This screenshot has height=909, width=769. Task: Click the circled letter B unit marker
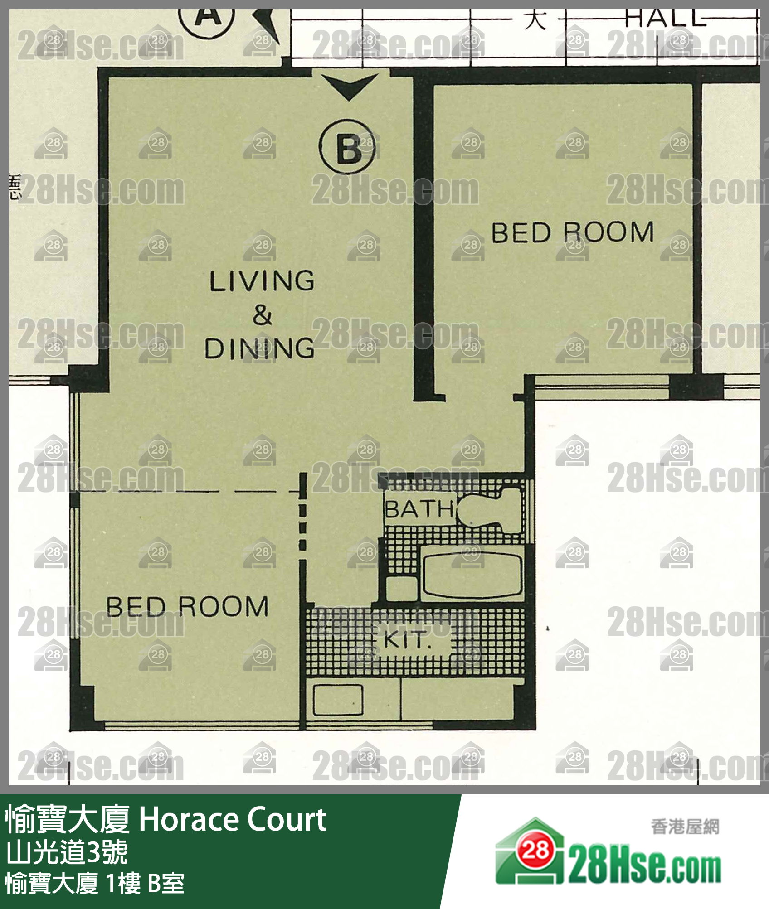[347, 147]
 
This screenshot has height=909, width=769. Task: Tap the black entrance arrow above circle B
[349, 86]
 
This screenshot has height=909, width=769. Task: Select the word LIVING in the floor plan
[262, 281]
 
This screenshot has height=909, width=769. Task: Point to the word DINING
[259, 348]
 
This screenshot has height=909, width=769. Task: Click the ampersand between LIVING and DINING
[262, 315]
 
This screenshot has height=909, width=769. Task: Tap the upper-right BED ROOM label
[572, 232]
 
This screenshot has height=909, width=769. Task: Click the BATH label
[419, 509]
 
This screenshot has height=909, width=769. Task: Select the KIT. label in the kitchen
[406, 640]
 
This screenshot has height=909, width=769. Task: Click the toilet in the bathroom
[492, 510]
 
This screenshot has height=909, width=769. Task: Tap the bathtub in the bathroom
[472, 574]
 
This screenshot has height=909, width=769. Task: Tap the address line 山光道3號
[67, 852]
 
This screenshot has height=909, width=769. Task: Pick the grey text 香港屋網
[685, 827]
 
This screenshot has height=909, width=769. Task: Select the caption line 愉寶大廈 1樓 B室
[94, 884]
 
